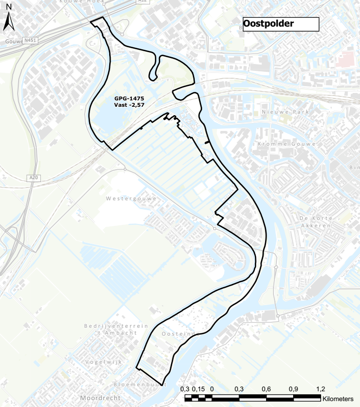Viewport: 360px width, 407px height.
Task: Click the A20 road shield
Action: click(33, 177)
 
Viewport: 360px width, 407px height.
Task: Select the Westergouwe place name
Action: click(131, 199)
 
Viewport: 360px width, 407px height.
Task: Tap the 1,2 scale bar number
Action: click(320, 389)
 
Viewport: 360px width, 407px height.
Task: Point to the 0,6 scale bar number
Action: click(266, 389)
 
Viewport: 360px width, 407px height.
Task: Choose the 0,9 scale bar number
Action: click(293, 389)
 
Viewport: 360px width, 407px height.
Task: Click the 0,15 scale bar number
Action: click(199, 389)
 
